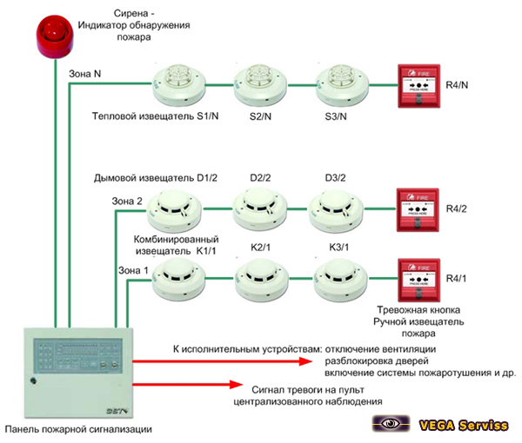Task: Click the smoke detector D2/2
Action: tap(258, 208)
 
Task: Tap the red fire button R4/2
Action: tap(414, 208)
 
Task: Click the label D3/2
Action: tap(336, 178)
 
